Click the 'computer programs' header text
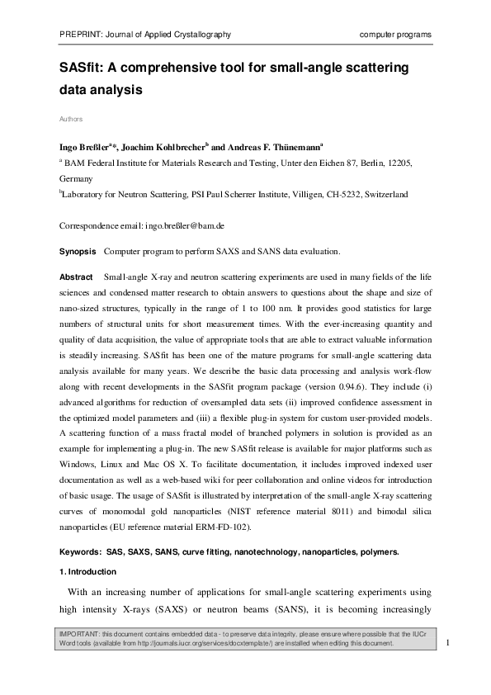coord(396,34)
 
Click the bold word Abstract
coord(76,276)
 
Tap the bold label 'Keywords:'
coord(82,551)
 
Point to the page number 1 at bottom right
coord(446,642)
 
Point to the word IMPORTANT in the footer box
coord(78,631)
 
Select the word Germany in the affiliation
coord(77,178)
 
